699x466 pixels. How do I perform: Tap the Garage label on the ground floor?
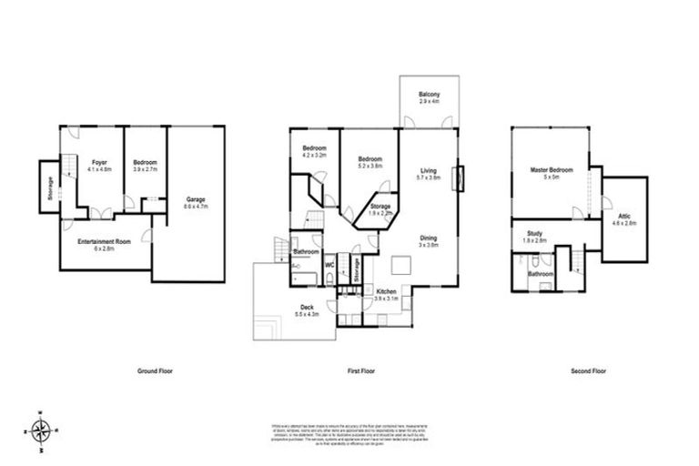[196, 202]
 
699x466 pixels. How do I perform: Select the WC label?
[330, 267]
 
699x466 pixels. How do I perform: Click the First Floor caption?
[362, 371]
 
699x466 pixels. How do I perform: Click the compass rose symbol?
[40, 429]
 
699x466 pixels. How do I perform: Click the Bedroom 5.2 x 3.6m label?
[370, 162]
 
